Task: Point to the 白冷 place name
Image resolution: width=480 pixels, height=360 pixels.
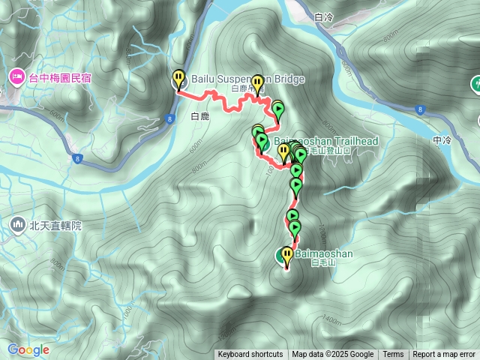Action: [323, 16]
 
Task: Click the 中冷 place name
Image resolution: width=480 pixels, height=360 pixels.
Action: [442, 140]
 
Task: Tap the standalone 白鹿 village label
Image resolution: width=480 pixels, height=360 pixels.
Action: [199, 116]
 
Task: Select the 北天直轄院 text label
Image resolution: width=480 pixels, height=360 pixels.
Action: [55, 224]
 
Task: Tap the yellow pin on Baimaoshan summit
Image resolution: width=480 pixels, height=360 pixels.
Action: [286, 253]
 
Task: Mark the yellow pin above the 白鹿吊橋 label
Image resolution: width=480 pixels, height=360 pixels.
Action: [257, 82]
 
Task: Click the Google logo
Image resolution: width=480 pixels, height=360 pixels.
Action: [28, 349]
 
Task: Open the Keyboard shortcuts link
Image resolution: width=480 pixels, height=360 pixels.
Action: [250, 355]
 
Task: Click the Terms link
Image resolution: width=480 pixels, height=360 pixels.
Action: [393, 355]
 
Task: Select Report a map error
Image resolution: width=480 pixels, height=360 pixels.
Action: [444, 355]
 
